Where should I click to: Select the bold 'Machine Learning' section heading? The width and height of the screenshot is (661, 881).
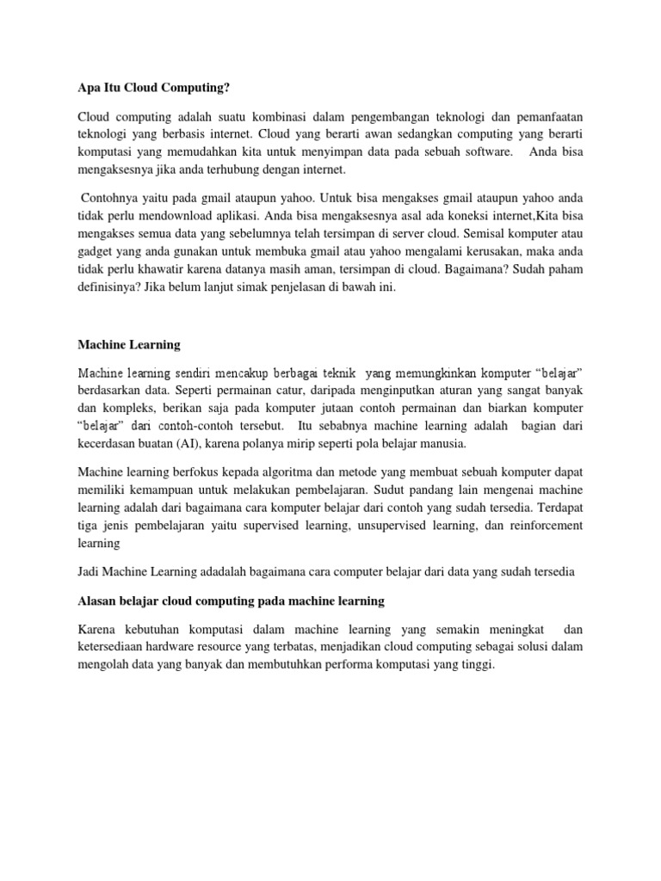click(128, 344)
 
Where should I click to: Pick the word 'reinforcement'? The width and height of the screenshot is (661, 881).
click(543, 525)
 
